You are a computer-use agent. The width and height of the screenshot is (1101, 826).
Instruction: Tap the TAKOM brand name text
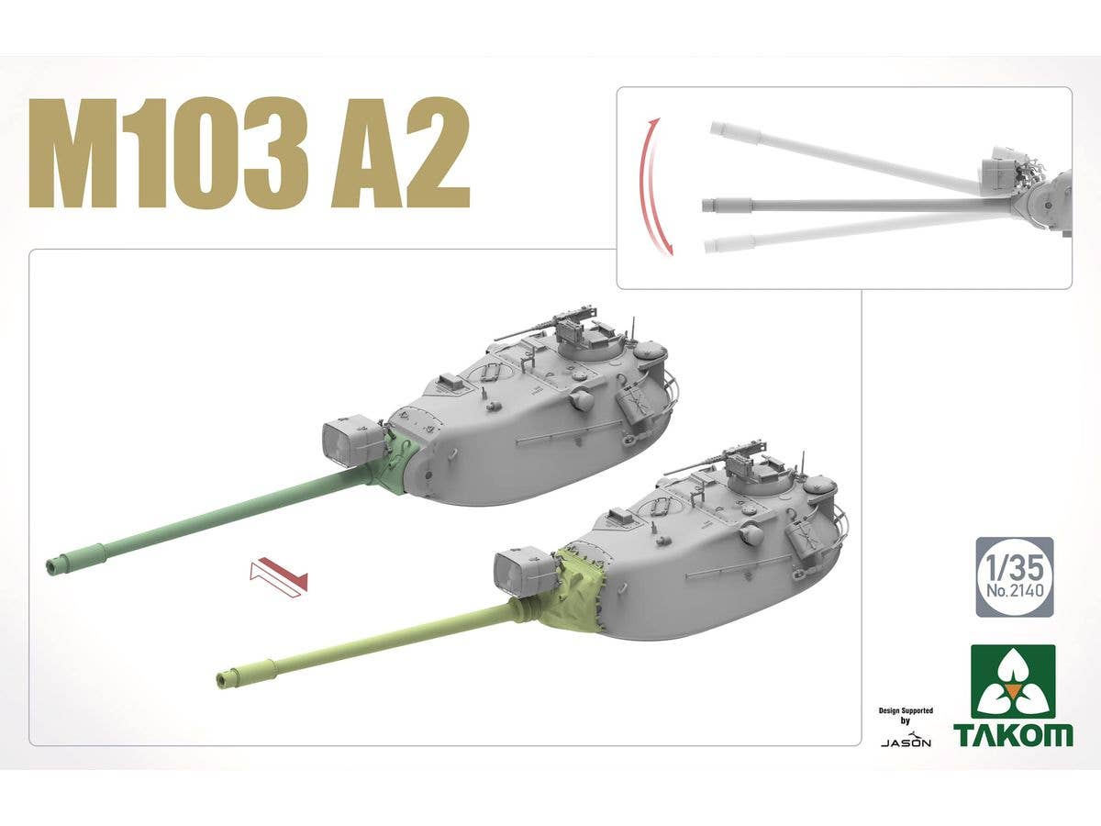(1012, 733)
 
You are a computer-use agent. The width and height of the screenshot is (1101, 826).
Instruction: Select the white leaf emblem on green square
(1013, 682)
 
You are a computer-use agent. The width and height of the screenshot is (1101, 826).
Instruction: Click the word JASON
(906, 742)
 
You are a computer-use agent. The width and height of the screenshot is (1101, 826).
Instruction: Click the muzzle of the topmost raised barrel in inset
(718, 129)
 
